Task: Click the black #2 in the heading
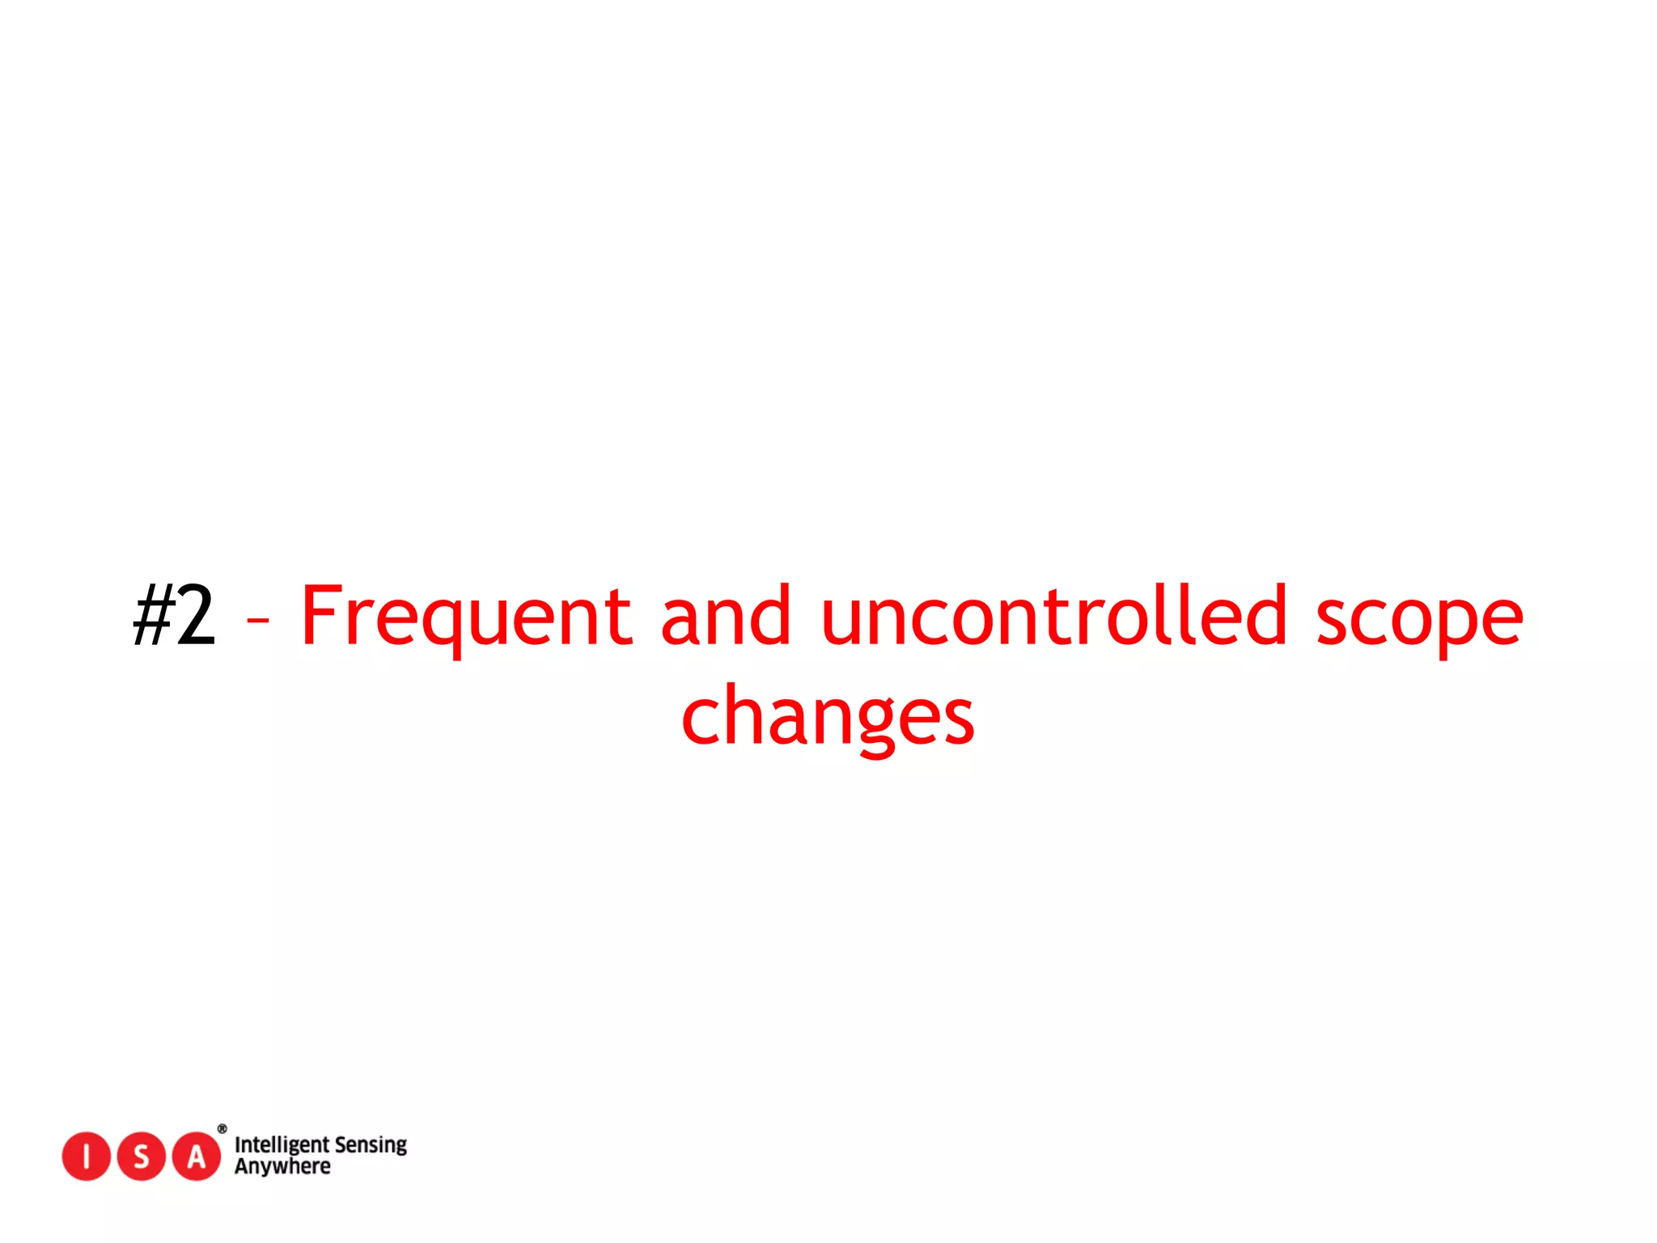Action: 175,617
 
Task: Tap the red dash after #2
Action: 258,621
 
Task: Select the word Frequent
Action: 466,617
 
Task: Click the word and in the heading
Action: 726,617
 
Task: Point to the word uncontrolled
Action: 1053,617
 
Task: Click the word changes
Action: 828,717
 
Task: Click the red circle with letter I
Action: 86,1156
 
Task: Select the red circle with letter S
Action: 141,1156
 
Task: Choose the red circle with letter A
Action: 196,1156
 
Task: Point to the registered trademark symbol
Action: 222,1129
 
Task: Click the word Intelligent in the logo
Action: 282,1145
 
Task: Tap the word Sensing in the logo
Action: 371,1145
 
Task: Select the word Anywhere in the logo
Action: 282,1167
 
